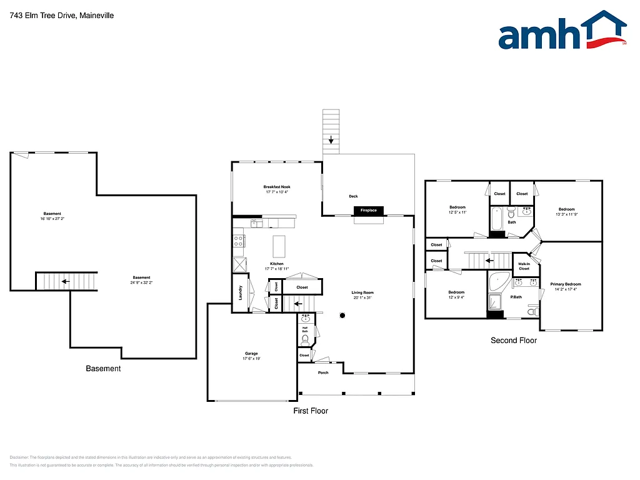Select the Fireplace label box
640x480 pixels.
coord(368,211)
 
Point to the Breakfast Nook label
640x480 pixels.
coord(276,187)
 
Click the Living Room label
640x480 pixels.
coord(362,292)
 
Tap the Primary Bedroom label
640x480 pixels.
coord(566,284)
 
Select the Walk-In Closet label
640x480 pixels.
coord(524,266)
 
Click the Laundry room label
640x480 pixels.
coord(241,292)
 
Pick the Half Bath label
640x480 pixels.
coord(305,329)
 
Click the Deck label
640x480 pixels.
coord(353,196)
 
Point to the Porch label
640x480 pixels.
coord(323,372)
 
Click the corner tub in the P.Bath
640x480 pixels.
coord(498,282)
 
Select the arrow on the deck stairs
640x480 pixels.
coord(331,139)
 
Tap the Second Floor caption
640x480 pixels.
coord(513,341)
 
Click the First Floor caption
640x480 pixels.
coord(311,411)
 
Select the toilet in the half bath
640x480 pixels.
coord(305,340)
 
